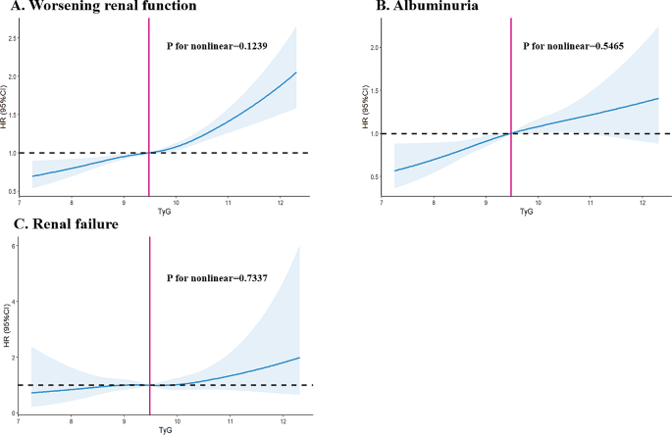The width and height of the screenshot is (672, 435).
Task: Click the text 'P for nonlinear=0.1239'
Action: pyautogui.click(x=222, y=45)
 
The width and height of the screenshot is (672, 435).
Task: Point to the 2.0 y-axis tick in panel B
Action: pyautogui.click(x=374, y=47)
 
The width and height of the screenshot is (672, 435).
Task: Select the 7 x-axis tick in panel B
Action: pyautogui.click(x=382, y=202)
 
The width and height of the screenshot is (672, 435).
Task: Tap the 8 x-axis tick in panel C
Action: pyautogui.click(x=71, y=420)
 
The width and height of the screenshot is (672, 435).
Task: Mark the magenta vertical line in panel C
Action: pyautogui.click(x=149, y=323)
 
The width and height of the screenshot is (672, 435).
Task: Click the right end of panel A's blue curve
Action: pyautogui.click(x=296, y=72)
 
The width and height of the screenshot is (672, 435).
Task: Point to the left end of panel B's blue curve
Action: pyautogui.click(x=395, y=170)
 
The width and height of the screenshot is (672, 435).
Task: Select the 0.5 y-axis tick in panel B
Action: pyautogui.click(x=374, y=176)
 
